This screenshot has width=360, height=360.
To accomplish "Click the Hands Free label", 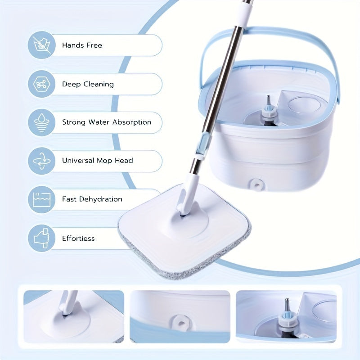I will (82, 45).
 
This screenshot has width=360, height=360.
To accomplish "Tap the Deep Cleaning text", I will (88, 84).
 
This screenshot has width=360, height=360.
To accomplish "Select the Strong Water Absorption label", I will (107, 122).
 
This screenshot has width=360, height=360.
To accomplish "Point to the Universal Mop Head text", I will (97, 161).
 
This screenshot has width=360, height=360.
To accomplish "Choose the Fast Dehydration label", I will (92, 199).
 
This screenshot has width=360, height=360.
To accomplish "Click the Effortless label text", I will (78, 238).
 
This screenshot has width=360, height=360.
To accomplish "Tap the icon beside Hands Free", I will (42, 45).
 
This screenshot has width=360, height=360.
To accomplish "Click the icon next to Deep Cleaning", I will (42, 84).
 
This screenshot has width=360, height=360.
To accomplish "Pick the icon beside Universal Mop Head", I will (42, 161).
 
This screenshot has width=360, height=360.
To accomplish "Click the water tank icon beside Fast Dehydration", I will (42, 199).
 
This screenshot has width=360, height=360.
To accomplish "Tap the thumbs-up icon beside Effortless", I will (42, 238).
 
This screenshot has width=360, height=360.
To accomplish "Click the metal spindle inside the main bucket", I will (269, 102).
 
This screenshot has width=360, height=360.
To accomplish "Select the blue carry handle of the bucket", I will (270, 36).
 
